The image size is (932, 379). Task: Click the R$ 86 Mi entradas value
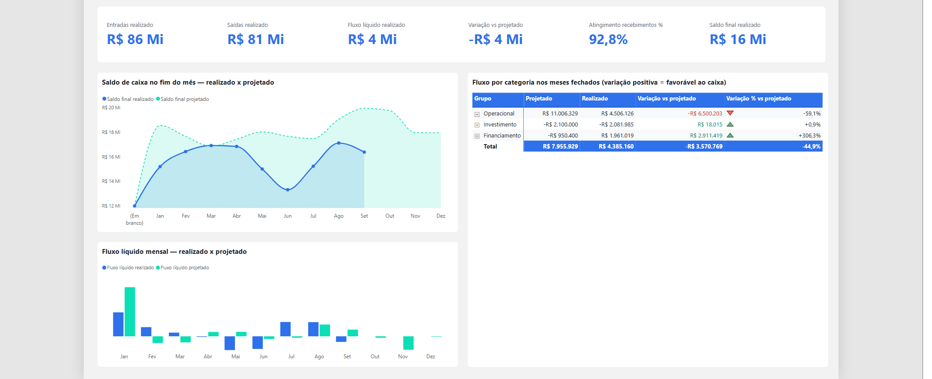[x=135, y=40]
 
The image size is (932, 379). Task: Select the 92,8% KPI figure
[x=608, y=40]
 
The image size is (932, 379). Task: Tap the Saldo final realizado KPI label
[x=734, y=25]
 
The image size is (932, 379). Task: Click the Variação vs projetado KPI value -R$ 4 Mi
[x=496, y=40]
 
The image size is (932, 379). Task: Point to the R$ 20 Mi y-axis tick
[x=111, y=108]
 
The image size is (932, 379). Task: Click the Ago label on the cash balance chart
[x=339, y=216]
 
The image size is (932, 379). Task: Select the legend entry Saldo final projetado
[x=183, y=99]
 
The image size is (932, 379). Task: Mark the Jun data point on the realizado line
[x=287, y=190]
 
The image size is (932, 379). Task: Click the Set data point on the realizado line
[x=364, y=152]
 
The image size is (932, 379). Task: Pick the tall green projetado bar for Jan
[x=130, y=312]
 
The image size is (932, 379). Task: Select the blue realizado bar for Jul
[x=285, y=329]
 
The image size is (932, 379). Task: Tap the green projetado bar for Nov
[x=408, y=343]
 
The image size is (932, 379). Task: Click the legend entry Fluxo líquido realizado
[x=128, y=268]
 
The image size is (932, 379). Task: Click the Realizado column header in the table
[x=595, y=99]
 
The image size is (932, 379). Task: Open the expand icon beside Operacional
[x=477, y=114]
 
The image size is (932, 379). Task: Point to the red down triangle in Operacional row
[x=730, y=113]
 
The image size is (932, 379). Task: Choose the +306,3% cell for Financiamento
[x=809, y=136]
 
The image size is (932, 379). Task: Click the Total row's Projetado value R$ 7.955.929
[x=560, y=146]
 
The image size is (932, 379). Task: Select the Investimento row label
[x=500, y=125]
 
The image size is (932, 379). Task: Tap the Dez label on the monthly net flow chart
[x=431, y=357]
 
